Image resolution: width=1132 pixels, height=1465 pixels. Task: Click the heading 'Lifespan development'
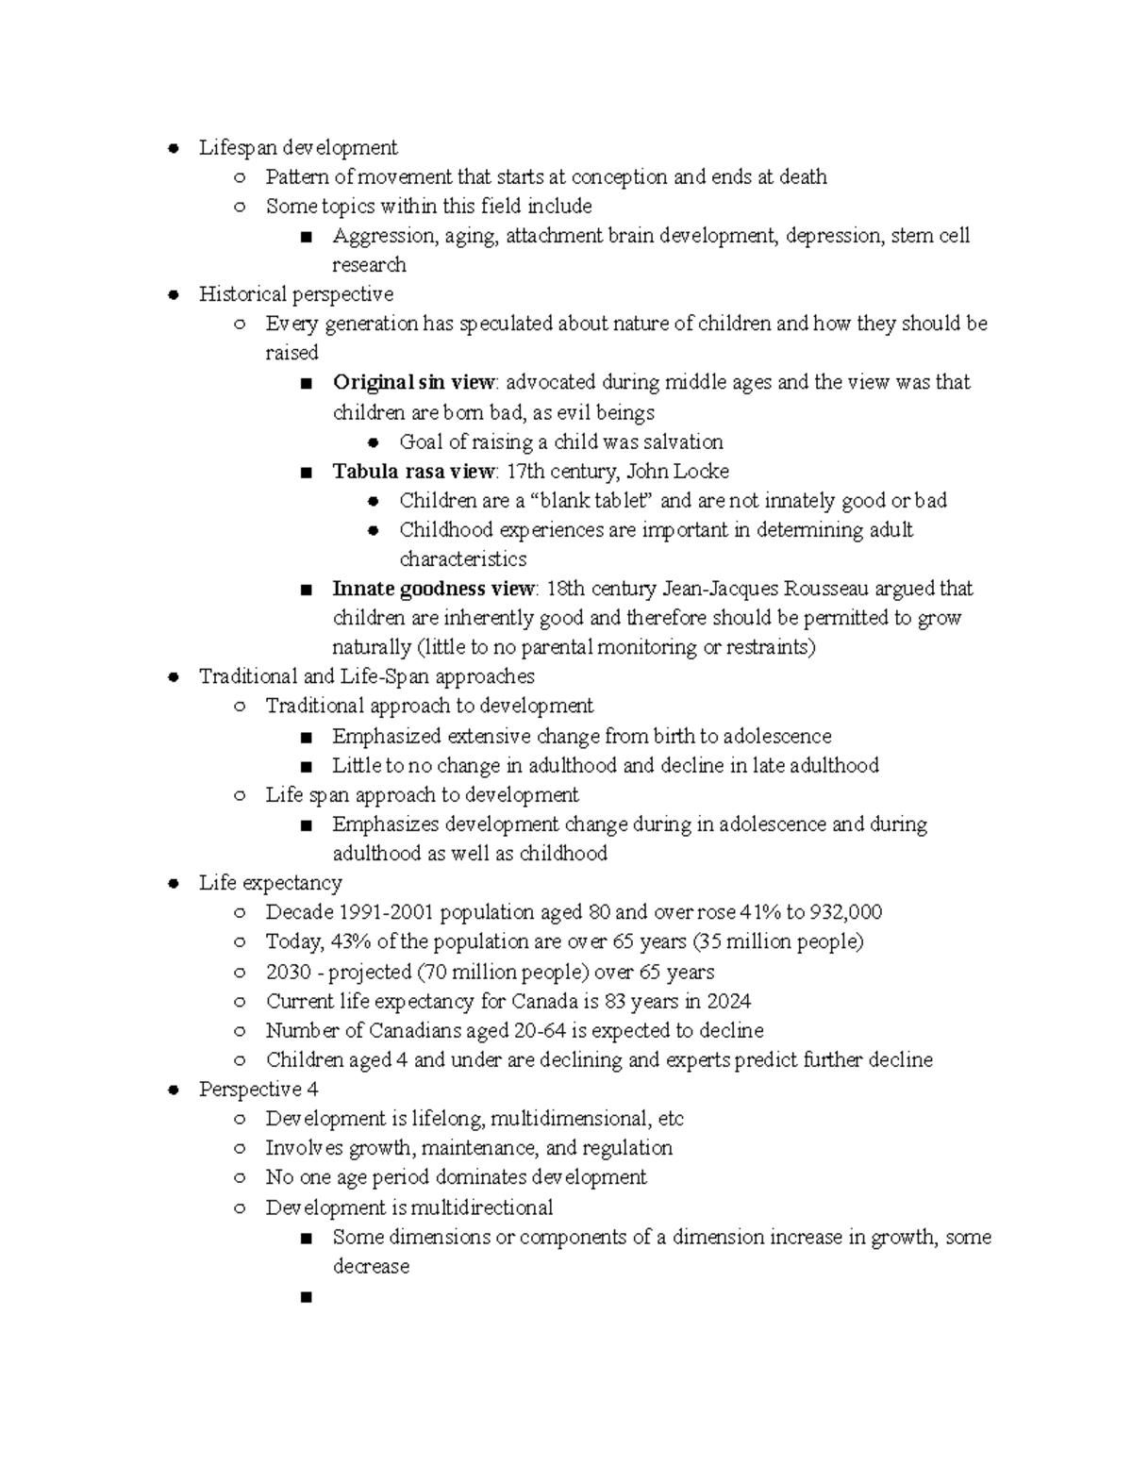298,148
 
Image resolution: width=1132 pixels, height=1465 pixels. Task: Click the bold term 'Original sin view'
413,382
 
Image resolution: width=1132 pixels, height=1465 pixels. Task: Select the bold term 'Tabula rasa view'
413,471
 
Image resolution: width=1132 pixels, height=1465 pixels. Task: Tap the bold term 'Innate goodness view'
433,589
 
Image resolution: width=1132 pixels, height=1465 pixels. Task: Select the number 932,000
846,912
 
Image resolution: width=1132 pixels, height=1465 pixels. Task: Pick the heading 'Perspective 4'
258,1090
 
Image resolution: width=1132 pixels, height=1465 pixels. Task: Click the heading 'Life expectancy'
270,883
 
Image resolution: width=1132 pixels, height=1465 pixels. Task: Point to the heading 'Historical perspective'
296,294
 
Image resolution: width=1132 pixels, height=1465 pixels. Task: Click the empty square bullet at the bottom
305,1298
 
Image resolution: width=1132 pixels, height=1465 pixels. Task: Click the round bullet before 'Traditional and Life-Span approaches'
172,676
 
